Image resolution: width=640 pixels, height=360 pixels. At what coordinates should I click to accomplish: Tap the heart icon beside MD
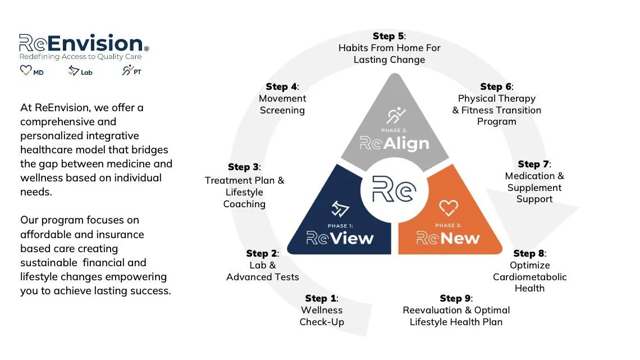26,71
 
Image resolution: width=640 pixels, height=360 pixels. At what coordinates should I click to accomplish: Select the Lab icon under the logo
74,71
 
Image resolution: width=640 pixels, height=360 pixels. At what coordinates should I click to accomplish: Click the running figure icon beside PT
128,71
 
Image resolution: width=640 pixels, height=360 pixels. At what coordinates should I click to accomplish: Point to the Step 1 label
321,298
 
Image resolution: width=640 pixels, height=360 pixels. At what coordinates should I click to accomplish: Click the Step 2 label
262,254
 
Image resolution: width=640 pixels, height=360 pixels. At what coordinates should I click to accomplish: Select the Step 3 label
244,167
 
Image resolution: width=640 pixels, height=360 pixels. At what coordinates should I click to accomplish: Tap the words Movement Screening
282,104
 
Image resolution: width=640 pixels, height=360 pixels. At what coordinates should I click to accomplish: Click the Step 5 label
389,37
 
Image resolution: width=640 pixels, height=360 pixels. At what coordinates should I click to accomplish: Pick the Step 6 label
496,86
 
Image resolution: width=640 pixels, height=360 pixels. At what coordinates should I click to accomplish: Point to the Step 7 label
534,164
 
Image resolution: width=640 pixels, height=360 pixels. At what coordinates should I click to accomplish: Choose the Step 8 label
529,254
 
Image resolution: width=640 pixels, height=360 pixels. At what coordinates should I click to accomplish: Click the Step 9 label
456,298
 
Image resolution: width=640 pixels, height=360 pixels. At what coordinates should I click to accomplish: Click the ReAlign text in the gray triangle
394,144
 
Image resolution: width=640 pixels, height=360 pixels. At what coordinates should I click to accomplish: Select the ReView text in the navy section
340,238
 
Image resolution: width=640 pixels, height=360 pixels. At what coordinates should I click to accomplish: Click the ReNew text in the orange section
447,238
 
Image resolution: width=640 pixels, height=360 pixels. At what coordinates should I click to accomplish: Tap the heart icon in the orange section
448,208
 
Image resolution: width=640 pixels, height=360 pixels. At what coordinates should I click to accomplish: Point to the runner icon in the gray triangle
396,116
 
